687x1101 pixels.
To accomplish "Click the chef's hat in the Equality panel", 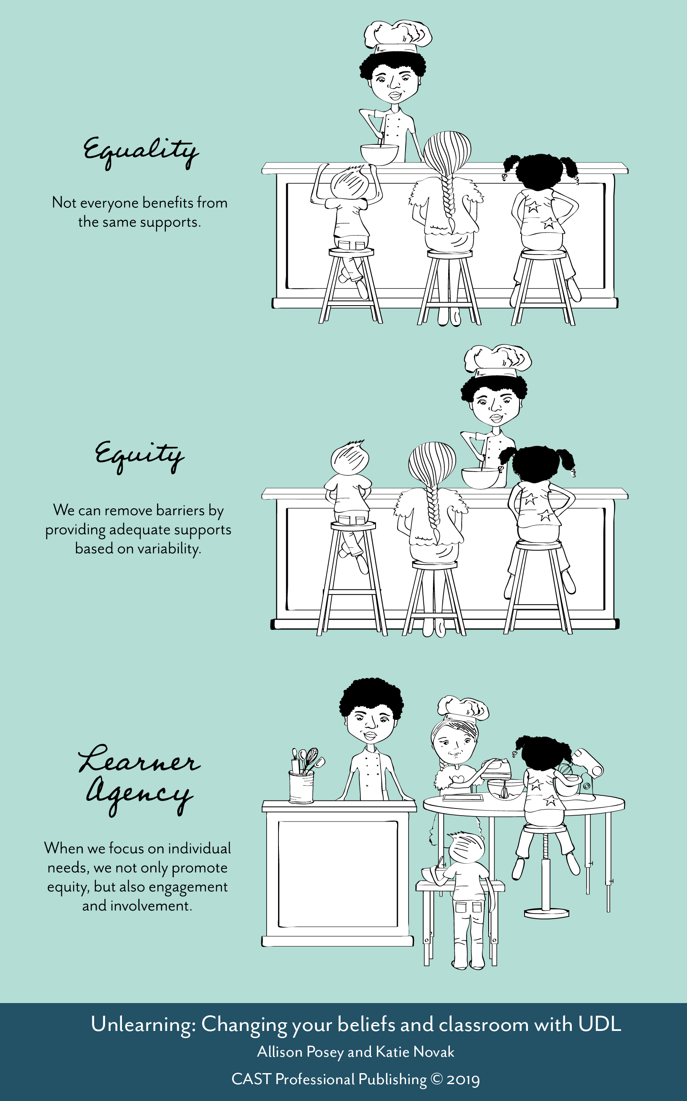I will (398, 35).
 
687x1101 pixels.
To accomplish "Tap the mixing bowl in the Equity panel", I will (480, 478).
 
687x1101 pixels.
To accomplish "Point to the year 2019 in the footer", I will (463, 1079).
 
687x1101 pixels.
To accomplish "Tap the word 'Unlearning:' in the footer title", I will (143, 1025).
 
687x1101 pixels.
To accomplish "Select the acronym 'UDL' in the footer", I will (599, 1025).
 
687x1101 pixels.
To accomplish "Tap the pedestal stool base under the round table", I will (546, 912).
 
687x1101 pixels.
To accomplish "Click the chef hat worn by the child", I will (463, 708).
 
